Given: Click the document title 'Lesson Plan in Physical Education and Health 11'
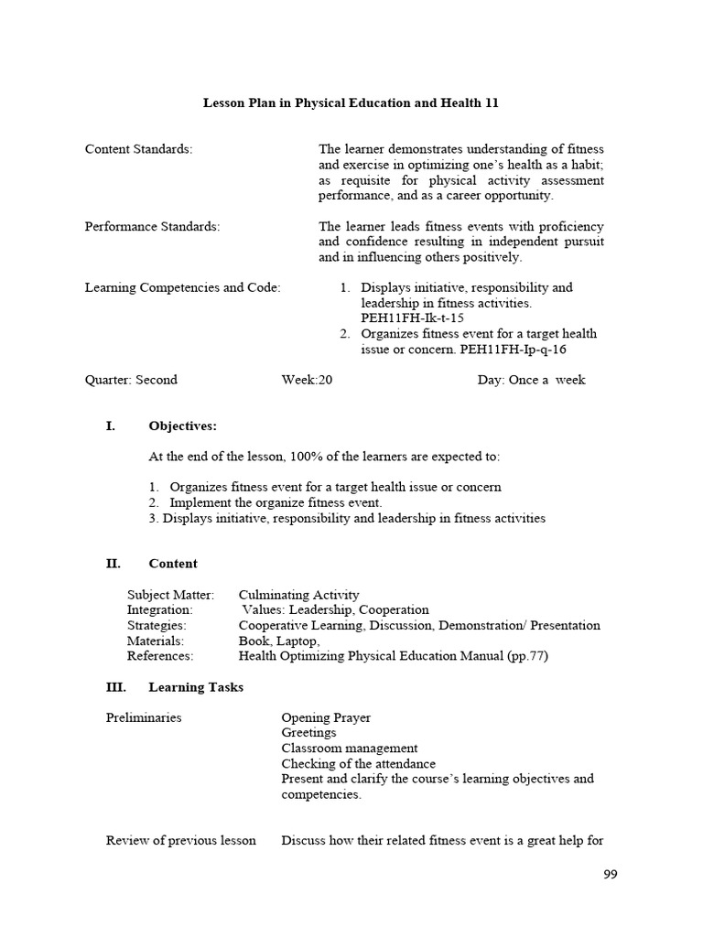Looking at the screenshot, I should point(351,103).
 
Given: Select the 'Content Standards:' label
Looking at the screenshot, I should point(138,149).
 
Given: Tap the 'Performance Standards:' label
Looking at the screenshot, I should point(152,226).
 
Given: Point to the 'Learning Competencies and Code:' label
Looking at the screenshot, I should point(182,287).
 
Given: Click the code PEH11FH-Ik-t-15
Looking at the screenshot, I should point(406,318).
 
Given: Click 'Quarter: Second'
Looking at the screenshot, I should point(131,380).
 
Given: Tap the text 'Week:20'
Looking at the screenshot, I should point(307,380).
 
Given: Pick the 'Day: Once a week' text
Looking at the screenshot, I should point(531,380).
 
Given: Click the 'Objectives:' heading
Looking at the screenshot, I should point(182,426).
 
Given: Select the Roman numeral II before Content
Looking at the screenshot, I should point(114,564).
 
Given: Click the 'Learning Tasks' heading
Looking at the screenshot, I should point(196,687).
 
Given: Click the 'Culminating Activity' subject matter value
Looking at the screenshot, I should point(299,595).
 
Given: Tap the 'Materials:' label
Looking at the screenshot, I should point(156,641).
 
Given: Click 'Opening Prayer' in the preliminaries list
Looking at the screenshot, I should point(326,717).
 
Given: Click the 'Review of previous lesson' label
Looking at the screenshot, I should point(181,841).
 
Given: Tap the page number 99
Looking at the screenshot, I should point(611,875).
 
